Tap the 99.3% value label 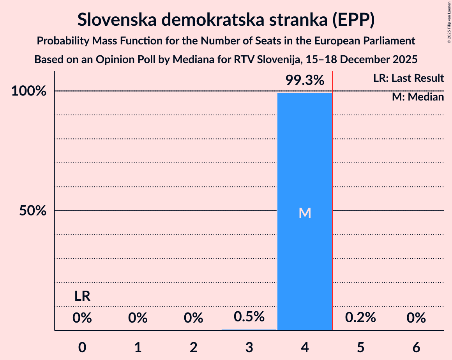305,81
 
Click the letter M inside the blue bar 305,213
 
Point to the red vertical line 333,195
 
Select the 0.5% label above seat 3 249,317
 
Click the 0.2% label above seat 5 360,318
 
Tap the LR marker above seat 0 83,296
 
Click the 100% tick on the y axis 29,92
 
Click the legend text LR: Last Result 408,78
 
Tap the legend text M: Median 418,97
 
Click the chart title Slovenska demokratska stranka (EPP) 226,19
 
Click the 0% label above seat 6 416,318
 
